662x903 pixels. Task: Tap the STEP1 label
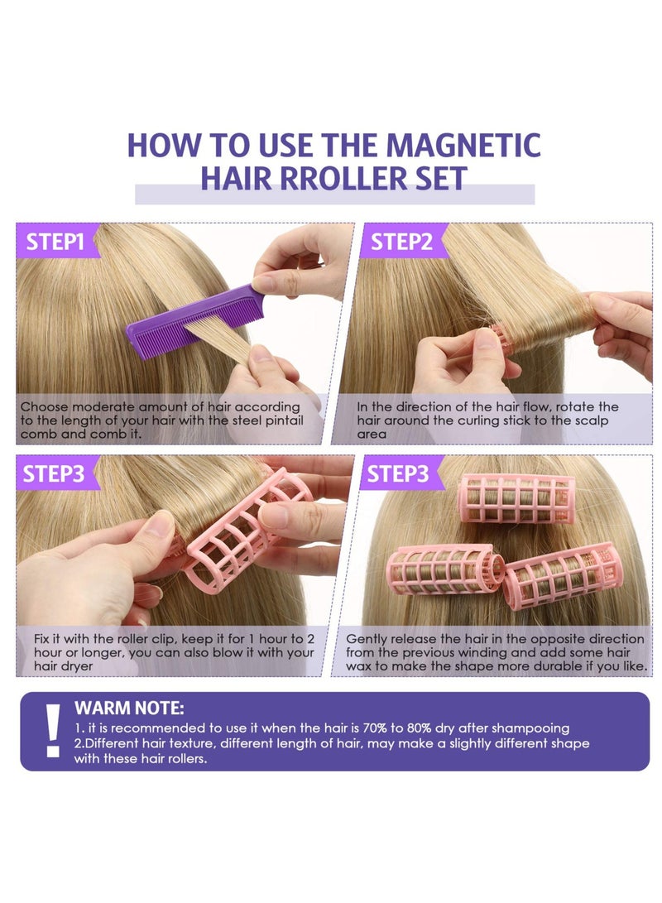[55, 242]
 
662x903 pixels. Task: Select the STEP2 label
[401, 242]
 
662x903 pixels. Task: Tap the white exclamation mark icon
[53, 730]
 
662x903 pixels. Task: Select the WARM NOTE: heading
[129, 708]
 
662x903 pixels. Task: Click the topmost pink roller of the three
[516, 498]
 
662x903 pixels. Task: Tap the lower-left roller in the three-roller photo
[447, 569]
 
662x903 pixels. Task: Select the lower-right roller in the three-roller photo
[563, 574]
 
